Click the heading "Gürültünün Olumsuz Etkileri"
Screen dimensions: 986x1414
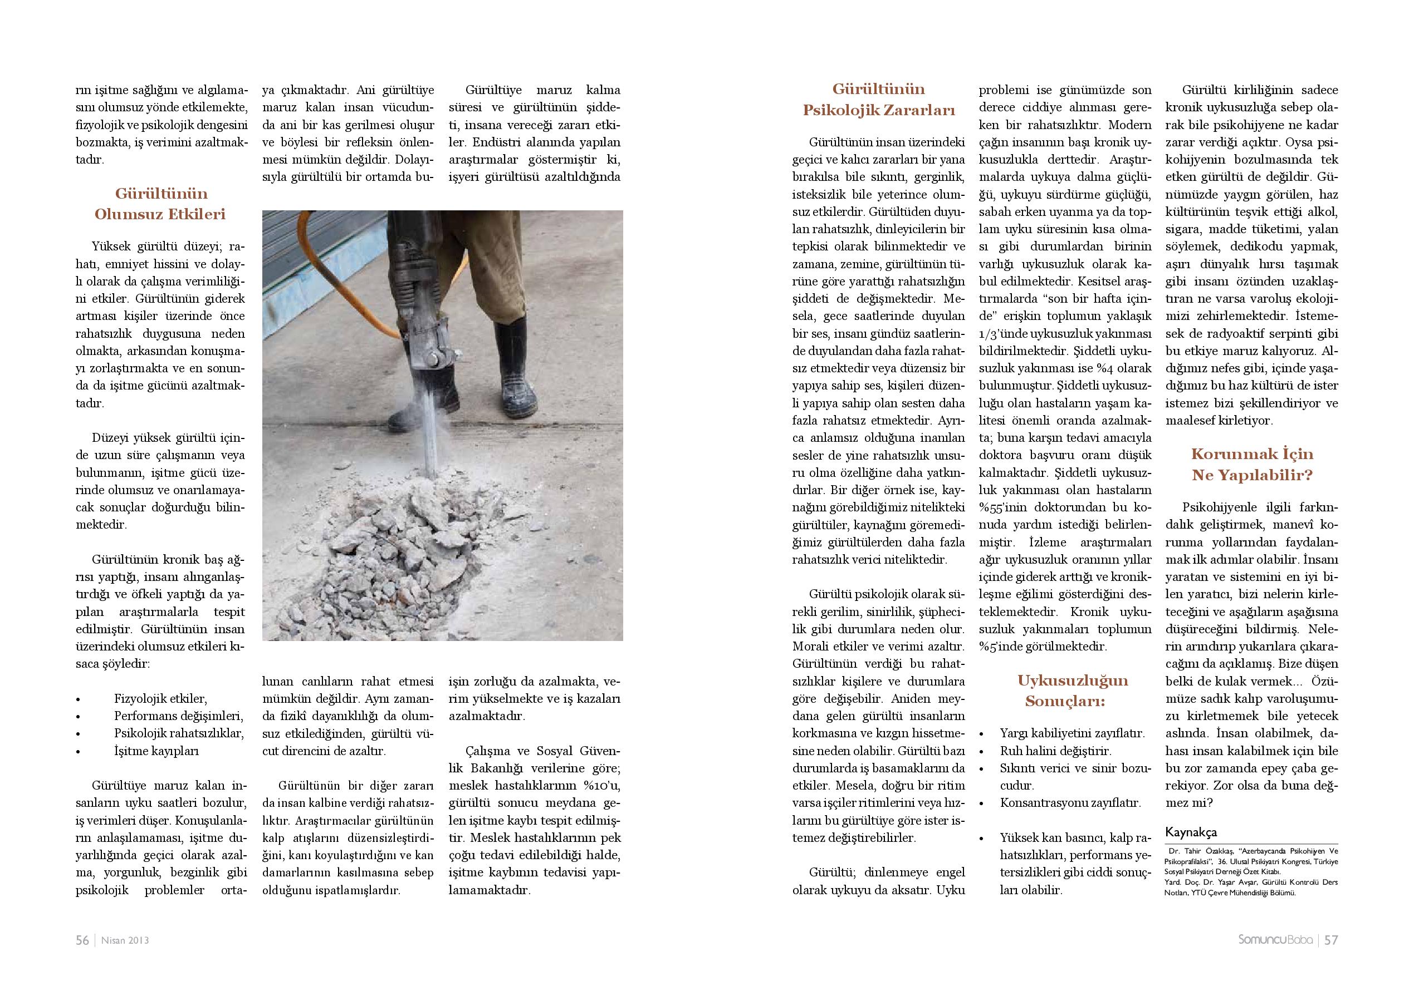click(160, 204)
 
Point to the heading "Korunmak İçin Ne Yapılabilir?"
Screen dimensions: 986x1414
click(1252, 464)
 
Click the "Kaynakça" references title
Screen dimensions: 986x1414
click(1191, 832)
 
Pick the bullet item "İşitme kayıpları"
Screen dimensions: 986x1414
click(156, 750)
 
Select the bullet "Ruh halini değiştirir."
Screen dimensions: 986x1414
click(1055, 751)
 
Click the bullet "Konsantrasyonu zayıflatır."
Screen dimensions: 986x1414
click(1070, 802)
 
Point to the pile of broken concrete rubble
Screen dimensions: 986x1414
click(394, 554)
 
